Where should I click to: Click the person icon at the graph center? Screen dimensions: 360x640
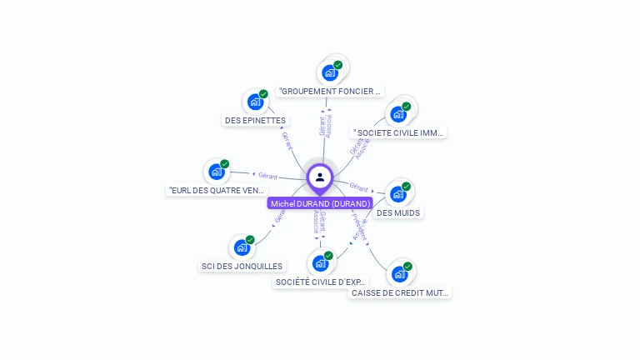pyautogui.click(x=320, y=177)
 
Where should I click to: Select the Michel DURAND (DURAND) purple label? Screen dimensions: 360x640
pyautogui.click(x=320, y=203)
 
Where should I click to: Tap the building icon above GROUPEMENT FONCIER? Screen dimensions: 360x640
pyautogui.click(x=330, y=72)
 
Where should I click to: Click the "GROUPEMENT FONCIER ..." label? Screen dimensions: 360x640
pyautogui.click(x=330, y=91)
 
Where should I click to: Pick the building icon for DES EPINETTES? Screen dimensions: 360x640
pyautogui.click(x=255, y=102)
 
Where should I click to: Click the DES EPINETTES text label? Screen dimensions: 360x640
pyautogui.click(x=255, y=121)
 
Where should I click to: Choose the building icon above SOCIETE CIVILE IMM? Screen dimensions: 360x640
pyautogui.click(x=398, y=114)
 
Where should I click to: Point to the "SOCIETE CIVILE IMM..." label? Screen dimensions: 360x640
pyautogui.click(x=400, y=132)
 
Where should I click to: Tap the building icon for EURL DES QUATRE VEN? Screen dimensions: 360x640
pyautogui.click(x=217, y=172)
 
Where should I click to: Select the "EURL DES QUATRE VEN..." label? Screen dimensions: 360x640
pyautogui.click(x=217, y=191)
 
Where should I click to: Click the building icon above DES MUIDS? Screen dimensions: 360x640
pyautogui.click(x=398, y=194)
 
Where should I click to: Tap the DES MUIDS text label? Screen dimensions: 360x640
pyautogui.click(x=398, y=212)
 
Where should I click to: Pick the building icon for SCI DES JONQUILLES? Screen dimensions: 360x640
pyautogui.click(x=242, y=247)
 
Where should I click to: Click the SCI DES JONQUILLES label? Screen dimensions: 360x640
pyautogui.click(x=242, y=267)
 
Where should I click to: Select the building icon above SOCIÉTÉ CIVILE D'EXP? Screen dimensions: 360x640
pyautogui.click(x=320, y=263)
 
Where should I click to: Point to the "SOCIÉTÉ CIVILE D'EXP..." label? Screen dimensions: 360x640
pyautogui.click(x=320, y=282)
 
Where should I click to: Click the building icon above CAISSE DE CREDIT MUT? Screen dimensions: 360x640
pyautogui.click(x=400, y=274)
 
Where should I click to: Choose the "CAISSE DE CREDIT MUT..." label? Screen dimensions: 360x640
pyautogui.click(x=400, y=293)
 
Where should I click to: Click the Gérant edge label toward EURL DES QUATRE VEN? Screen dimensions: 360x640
pyautogui.click(x=267, y=176)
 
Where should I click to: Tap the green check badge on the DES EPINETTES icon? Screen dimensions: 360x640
pyautogui.click(x=263, y=94)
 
